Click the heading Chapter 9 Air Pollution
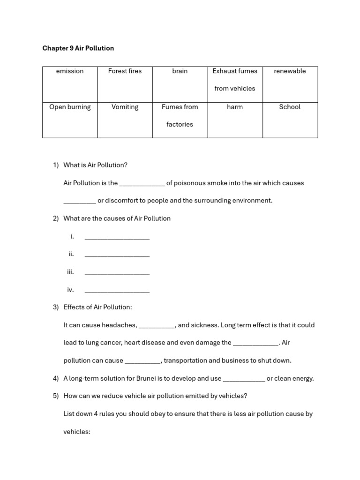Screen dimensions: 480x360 [x=78, y=48]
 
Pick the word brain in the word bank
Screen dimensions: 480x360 [x=180, y=71]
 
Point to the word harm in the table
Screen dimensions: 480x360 [x=235, y=107]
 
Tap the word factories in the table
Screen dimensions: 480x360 [x=180, y=125]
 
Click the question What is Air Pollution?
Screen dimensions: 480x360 [x=95, y=165]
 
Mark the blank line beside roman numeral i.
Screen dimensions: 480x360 [x=117, y=237]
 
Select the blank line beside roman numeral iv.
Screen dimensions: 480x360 [x=117, y=291]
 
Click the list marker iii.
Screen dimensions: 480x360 [x=70, y=272]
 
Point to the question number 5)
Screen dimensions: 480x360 [x=56, y=396]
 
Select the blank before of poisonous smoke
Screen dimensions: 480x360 [x=142, y=184]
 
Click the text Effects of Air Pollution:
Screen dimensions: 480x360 [x=97, y=307]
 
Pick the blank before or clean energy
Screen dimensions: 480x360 [x=244, y=379]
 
